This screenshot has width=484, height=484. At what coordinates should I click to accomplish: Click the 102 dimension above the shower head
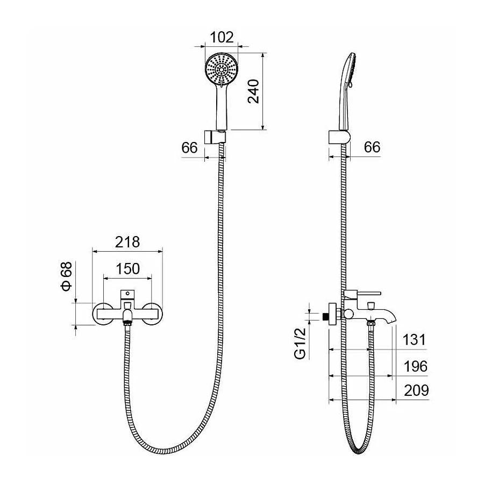(x=222, y=37)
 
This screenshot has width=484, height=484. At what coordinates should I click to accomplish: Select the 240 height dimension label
(x=254, y=91)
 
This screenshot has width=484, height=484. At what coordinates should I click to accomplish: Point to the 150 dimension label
(x=127, y=268)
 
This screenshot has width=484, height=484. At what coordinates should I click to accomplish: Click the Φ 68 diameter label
(x=66, y=276)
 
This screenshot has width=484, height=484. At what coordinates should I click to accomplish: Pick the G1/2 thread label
(x=300, y=343)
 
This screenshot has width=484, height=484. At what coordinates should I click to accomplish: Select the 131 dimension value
(x=414, y=339)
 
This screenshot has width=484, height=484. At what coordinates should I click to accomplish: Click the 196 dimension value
(x=416, y=366)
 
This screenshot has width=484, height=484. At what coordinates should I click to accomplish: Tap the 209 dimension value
(x=416, y=390)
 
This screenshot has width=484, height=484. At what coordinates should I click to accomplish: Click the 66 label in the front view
(x=189, y=147)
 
